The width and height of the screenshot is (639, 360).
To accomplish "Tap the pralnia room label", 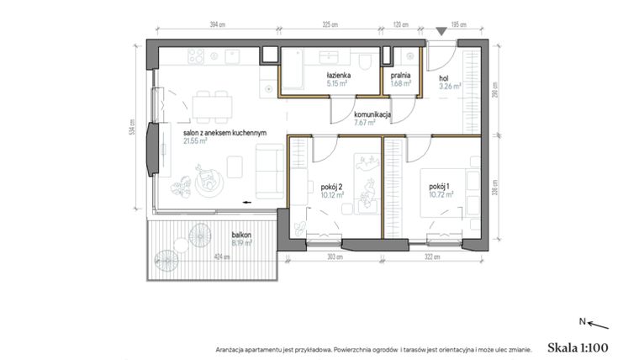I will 400,76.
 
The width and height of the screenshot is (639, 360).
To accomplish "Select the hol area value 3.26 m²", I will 451,84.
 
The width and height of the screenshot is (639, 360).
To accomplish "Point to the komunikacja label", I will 372,114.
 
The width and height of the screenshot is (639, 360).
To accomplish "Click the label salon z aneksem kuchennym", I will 225,133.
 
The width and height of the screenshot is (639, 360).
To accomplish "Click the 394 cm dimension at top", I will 218,25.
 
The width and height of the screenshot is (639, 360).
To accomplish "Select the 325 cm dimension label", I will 330,25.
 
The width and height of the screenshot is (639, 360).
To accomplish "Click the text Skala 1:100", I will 577,347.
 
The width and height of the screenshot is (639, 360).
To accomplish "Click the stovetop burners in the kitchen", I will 196,56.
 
